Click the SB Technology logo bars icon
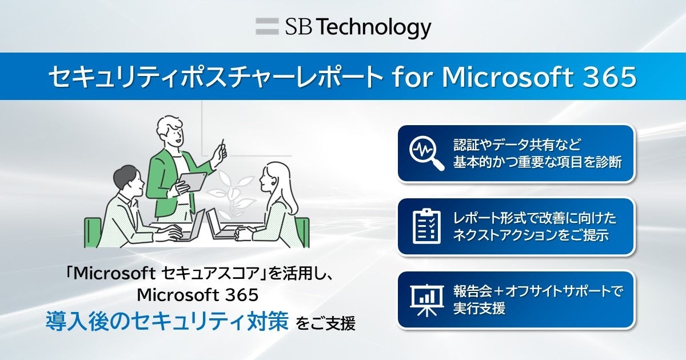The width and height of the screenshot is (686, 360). [x=266, y=27]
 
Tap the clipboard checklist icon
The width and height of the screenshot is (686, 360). [x=426, y=226]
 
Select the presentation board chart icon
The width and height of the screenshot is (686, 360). [x=426, y=299]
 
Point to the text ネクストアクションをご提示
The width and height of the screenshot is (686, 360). [x=530, y=235]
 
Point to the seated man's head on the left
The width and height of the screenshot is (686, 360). [x=127, y=181]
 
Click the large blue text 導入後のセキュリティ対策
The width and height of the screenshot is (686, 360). [x=166, y=321]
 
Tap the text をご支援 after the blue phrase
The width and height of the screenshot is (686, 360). [x=325, y=323]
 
